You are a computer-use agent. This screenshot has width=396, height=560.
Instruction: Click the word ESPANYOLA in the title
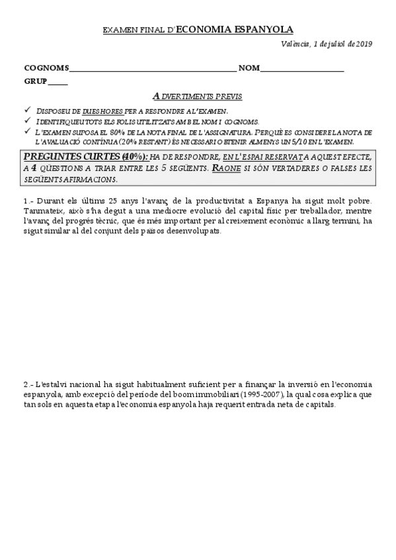[264, 30]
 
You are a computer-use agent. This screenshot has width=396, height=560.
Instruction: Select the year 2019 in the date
[364, 44]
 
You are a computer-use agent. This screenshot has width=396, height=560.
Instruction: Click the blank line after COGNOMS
[152, 69]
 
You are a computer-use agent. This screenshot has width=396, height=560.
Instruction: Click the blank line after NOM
[302, 69]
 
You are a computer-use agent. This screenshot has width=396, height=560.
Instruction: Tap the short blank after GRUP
[58, 83]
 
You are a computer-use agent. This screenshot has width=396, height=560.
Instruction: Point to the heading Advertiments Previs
[197, 96]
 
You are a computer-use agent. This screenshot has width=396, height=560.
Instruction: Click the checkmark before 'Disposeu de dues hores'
[26, 110]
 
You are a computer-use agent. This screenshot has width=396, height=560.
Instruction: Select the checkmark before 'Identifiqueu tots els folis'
[26, 120]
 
